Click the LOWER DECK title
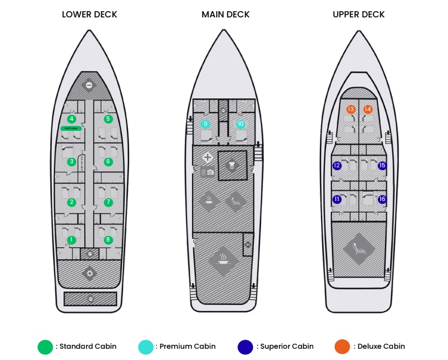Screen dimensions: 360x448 [89, 15]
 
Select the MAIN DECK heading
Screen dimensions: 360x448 [225, 15]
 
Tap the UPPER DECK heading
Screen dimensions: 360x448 [359, 15]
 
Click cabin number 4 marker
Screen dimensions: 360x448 [71, 119]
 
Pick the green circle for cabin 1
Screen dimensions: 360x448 [71, 240]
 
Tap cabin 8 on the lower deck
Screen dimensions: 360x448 [108, 240]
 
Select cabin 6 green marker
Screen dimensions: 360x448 [108, 162]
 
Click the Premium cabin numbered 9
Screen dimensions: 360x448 [205, 124]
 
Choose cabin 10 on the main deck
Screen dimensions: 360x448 [241, 124]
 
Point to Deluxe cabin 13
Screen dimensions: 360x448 [351, 109]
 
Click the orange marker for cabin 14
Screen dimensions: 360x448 [368, 109]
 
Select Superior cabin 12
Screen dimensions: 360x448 [337, 166]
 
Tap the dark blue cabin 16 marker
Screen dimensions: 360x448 [382, 199]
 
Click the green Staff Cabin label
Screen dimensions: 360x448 [71, 129]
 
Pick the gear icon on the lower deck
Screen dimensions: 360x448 [89, 274]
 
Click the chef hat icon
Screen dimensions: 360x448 [232, 165]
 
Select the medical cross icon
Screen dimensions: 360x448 [207, 158]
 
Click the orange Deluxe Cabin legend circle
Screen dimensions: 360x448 [342, 347]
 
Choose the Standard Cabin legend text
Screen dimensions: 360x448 [88, 347]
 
